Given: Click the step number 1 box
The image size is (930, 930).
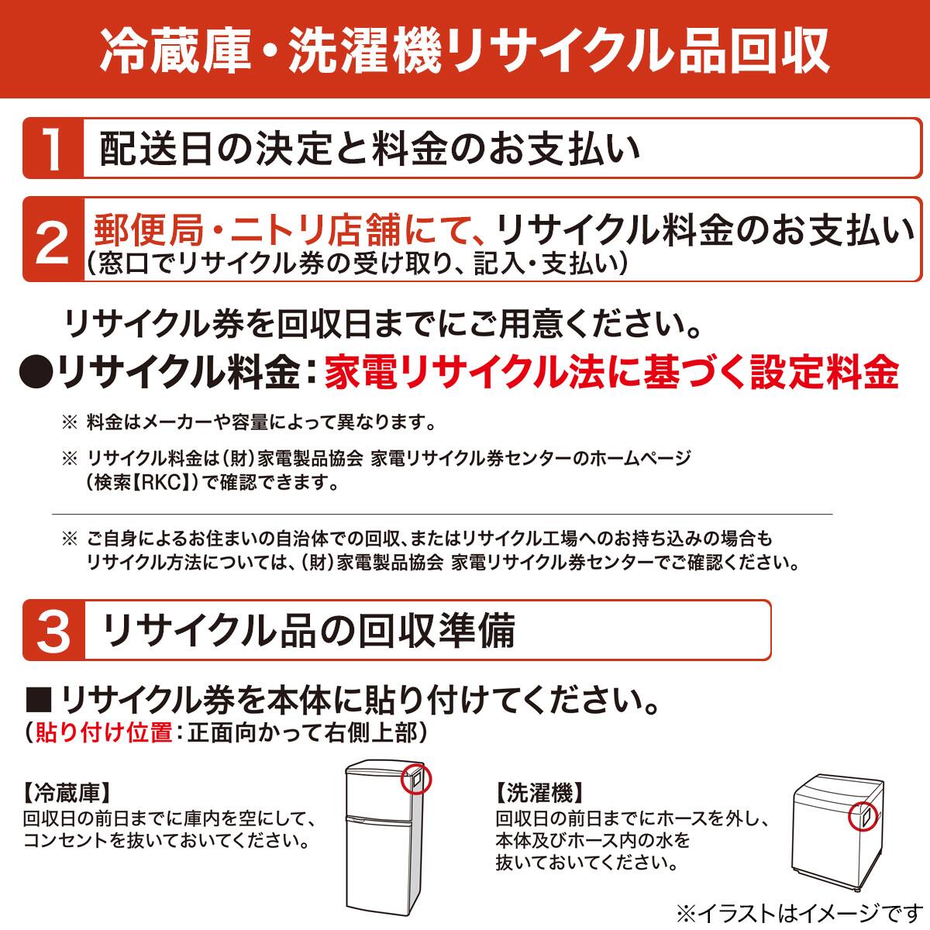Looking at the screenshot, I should tap(53, 149).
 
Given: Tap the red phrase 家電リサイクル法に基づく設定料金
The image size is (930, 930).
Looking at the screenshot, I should tap(611, 373).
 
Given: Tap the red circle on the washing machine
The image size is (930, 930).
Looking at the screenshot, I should tap(861, 815).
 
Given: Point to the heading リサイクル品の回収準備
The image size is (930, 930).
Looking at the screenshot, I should tap(308, 631).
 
